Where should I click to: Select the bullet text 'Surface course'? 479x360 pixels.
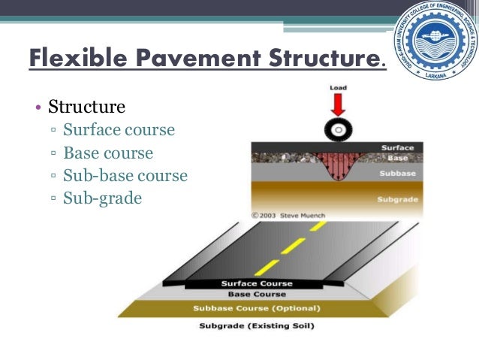pyautogui.click(x=119, y=130)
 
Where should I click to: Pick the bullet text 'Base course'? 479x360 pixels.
pyautogui.click(x=108, y=153)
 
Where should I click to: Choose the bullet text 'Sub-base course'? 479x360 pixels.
pyautogui.click(x=125, y=176)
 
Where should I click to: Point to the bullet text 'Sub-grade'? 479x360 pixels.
pyautogui.click(x=102, y=198)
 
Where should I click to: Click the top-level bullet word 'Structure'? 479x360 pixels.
pyautogui.click(x=86, y=107)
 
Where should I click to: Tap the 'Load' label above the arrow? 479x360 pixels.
pyautogui.click(x=338, y=88)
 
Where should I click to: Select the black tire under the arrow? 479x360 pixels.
pyautogui.click(x=337, y=130)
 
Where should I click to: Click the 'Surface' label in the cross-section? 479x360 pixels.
pyautogui.click(x=397, y=148)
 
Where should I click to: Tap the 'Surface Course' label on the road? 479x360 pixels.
pyautogui.click(x=255, y=283)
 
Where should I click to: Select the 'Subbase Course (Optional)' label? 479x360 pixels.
pyautogui.click(x=256, y=308)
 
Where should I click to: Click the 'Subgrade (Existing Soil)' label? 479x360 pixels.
pyautogui.click(x=257, y=325)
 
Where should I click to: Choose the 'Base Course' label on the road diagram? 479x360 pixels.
pyautogui.click(x=256, y=294)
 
